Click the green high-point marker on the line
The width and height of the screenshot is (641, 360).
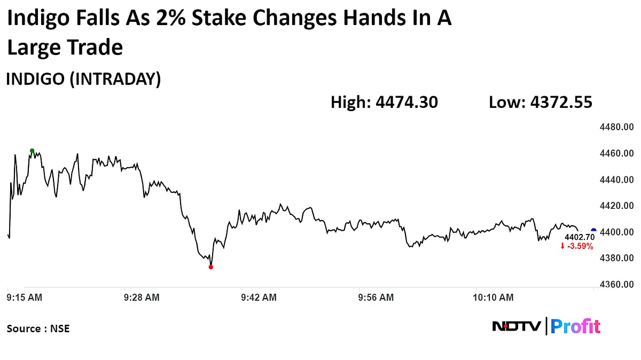click(32, 151)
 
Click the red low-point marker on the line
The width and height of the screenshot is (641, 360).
click(211, 267)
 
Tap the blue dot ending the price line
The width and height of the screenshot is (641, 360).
click(593, 231)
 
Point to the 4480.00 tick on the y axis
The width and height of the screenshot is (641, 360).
click(617, 128)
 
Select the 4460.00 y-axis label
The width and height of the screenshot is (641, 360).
click(617, 154)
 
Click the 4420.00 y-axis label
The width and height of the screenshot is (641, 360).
click(617, 206)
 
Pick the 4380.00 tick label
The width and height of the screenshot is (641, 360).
click(617, 259)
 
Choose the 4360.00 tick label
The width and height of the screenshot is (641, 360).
click(617, 285)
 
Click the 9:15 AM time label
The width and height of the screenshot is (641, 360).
click(25, 298)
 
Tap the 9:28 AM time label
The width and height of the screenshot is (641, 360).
click(141, 298)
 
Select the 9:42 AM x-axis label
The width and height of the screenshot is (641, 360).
click(259, 298)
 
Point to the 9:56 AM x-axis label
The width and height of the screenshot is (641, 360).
click(376, 298)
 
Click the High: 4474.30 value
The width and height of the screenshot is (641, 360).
click(384, 102)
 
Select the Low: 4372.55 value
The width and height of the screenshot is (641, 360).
click(540, 102)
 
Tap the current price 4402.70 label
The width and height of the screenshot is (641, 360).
click(580, 237)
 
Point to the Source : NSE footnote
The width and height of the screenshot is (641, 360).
click(38, 328)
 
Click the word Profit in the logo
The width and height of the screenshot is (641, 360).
click(575, 326)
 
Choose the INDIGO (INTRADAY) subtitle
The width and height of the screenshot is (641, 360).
click(83, 79)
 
